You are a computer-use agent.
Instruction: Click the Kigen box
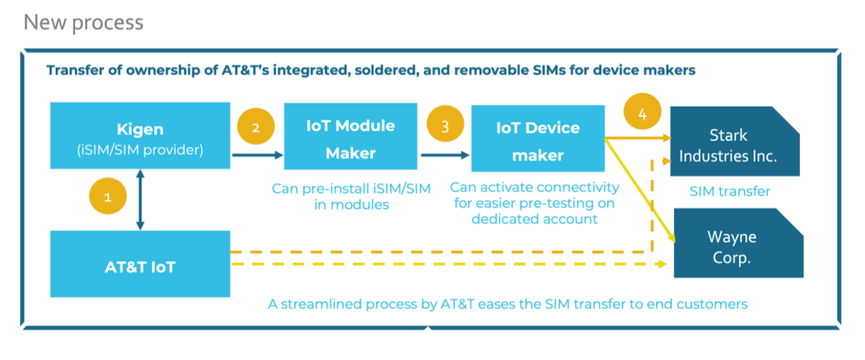pos(140,135)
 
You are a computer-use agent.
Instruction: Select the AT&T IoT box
pos(140,264)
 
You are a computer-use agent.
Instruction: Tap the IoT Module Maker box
pos(351,136)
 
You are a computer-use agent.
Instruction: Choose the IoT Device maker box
pos(538,138)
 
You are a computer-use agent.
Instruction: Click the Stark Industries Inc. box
pos(735,142)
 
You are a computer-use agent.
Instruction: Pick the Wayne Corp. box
pos(738,243)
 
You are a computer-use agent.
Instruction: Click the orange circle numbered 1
pos(107,197)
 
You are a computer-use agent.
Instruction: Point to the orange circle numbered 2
pos(255,128)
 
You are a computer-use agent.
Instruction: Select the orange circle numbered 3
pos(444,125)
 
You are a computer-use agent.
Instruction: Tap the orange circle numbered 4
pos(642,114)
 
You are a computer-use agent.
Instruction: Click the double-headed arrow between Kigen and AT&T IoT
pos(140,199)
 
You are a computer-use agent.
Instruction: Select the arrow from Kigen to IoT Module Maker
pos(258,155)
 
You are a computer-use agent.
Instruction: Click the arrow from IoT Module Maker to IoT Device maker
pos(445,155)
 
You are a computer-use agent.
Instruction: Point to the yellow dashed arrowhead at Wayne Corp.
pos(662,265)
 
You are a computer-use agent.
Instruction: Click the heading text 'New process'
pos(84,23)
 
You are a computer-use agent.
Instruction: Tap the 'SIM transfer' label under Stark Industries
pos(730,192)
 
